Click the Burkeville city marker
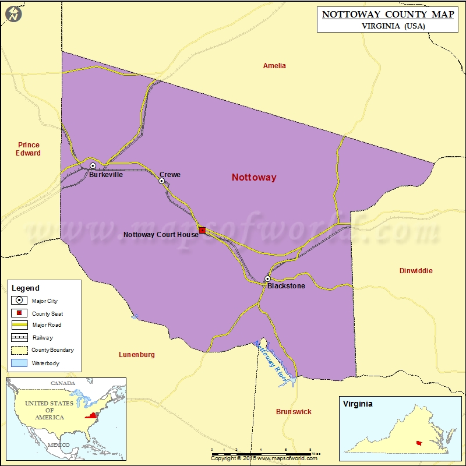coord(93,166)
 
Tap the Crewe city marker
coord(162,181)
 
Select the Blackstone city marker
coord(267,279)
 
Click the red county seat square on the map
coord(202,231)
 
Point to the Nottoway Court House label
coord(161,235)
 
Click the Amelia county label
coord(274,66)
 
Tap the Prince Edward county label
coord(29,149)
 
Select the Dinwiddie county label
coord(416,271)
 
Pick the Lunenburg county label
coord(136,355)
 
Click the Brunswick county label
coord(294,412)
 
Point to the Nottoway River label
coord(272,362)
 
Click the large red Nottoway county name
coord(254,178)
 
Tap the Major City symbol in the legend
coord(20,301)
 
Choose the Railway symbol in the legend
coord(20,337)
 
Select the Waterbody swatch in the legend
coord(20,363)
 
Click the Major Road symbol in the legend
coord(20,325)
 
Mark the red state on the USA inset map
coord(91,415)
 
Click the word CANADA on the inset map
coord(62,383)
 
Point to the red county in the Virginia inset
coord(419,443)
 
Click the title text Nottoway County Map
coord(384,13)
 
